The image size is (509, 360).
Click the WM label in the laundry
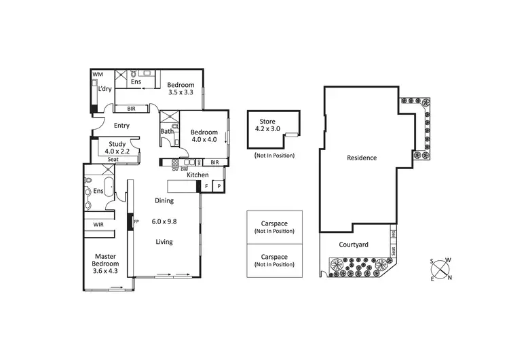pyautogui.click(x=97, y=73)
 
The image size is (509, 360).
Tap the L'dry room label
pyautogui.click(x=104, y=89)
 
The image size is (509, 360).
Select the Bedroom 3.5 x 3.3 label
pyautogui.click(x=181, y=88)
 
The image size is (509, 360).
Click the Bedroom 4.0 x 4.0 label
pyautogui.click(x=204, y=136)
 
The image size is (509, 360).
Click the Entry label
pyautogui.click(x=121, y=125)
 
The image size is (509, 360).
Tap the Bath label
pyautogui.click(x=166, y=132)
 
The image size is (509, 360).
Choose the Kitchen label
pyautogui.click(x=197, y=175)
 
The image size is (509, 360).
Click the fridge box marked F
pyautogui.click(x=206, y=186)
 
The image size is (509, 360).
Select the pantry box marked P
pyautogui.click(x=219, y=186)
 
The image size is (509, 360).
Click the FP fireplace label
pyautogui.click(x=136, y=221)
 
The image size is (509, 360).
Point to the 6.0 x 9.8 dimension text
pyautogui.click(x=164, y=221)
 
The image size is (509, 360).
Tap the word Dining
pyautogui.click(x=164, y=201)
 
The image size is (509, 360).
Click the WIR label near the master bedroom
pyautogui.click(x=98, y=224)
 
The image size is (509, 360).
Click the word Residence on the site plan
pyautogui.click(x=361, y=158)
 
